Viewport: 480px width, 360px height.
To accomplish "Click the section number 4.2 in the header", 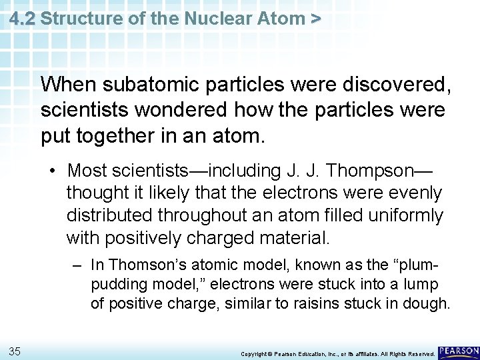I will point(22,18).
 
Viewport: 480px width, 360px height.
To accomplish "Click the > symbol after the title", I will point(315,18).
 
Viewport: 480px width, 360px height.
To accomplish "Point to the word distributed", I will point(108,215).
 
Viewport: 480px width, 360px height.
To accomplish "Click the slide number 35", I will point(15,350).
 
